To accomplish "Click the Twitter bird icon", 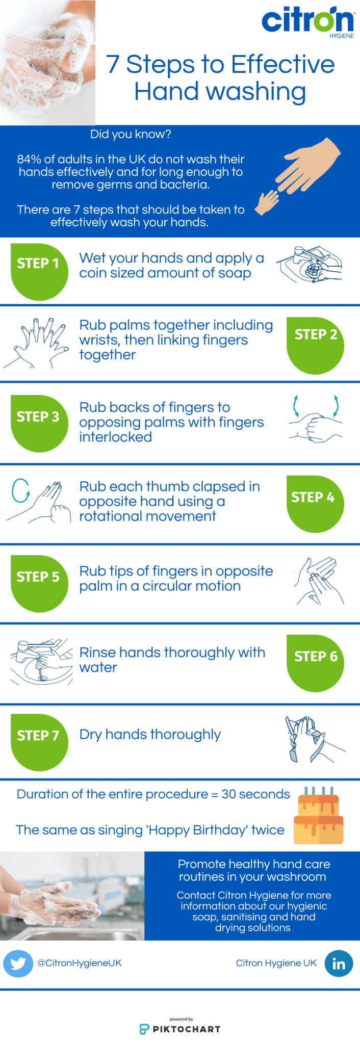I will click(18, 963).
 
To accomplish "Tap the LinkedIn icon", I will click(339, 963).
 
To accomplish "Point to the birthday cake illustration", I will click(318, 816).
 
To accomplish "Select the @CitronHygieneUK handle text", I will click(79, 963).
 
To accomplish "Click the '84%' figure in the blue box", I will click(28, 160).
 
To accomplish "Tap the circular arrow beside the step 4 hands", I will click(20, 490).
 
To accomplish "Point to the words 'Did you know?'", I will click(131, 134).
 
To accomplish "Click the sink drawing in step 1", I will click(309, 264).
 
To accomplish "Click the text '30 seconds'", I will click(255, 794).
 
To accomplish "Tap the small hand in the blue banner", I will click(266, 202).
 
